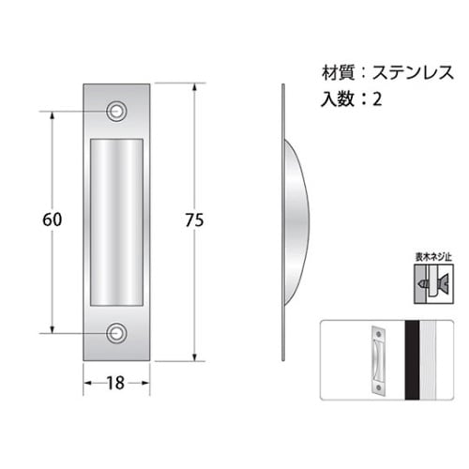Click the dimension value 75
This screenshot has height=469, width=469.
pos(194,220)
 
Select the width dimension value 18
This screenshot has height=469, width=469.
pos(117,384)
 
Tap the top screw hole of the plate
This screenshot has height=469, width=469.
pos(117,111)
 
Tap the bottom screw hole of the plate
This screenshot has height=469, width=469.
pos(117,331)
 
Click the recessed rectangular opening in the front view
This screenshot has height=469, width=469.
pos(117,220)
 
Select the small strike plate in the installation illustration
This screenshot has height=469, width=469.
pos(377,358)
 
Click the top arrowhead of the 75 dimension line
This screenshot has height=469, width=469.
pos(194,87)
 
